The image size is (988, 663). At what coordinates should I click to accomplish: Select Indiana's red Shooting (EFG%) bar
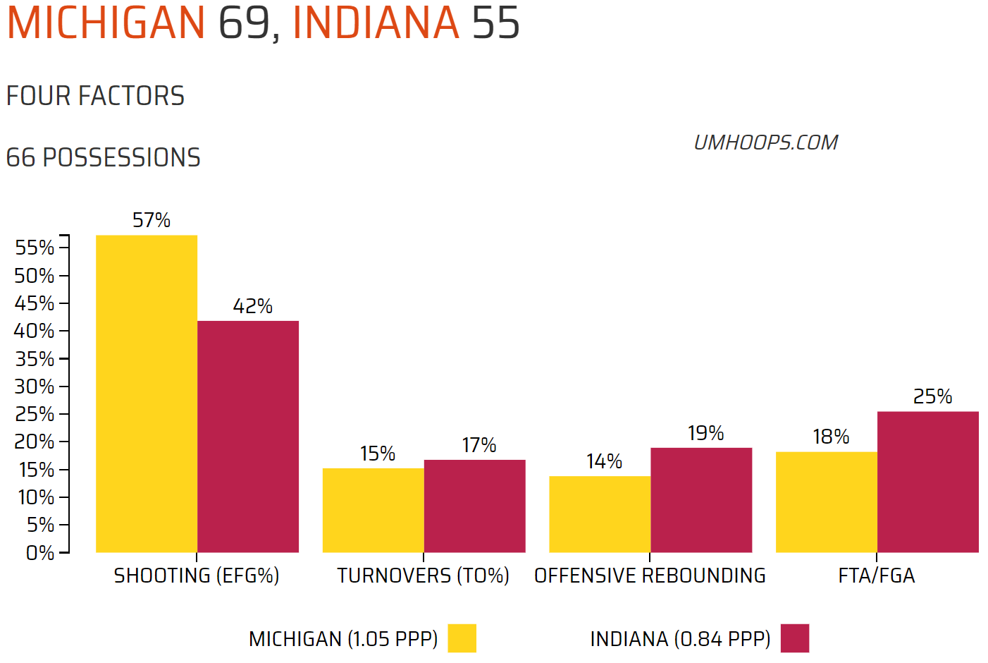pyautogui.click(x=248, y=437)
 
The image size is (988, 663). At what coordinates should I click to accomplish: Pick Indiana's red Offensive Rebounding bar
pyautogui.click(x=701, y=500)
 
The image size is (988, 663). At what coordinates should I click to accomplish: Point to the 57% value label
pyautogui.click(x=152, y=221)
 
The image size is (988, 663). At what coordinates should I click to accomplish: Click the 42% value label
pyautogui.click(x=252, y=307)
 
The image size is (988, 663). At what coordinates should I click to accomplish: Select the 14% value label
pyautogui.click(x=604, y=462)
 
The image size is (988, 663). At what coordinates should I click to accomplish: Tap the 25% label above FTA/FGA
pyautogui.click(x=932, y=397)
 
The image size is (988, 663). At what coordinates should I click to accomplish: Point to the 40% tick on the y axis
pyautogui.click(x=34, y=331)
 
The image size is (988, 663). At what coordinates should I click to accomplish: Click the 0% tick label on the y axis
pyautogui.click(x=39, y=553)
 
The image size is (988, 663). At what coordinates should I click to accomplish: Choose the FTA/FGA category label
pyautogui.click(x=877, y=576)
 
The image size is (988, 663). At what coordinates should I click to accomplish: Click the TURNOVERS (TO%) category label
pyautogui.click(x=423, y=576)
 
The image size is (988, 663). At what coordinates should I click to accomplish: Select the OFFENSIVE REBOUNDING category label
pyautogui.click(x=650, y=576)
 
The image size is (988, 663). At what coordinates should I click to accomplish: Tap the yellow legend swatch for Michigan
pyautogui.click(x=462, y=638)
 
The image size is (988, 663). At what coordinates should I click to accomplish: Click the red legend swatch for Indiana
pyautogui.click(x=795, y=638)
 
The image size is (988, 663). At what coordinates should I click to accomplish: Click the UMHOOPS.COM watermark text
pyautogui.click(x=766, y=143)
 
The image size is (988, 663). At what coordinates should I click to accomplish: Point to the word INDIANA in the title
pyautogui.click(x=376, y=23)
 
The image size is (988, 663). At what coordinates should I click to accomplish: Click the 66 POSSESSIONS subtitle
pyautogui.click(x=103, y=158)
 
